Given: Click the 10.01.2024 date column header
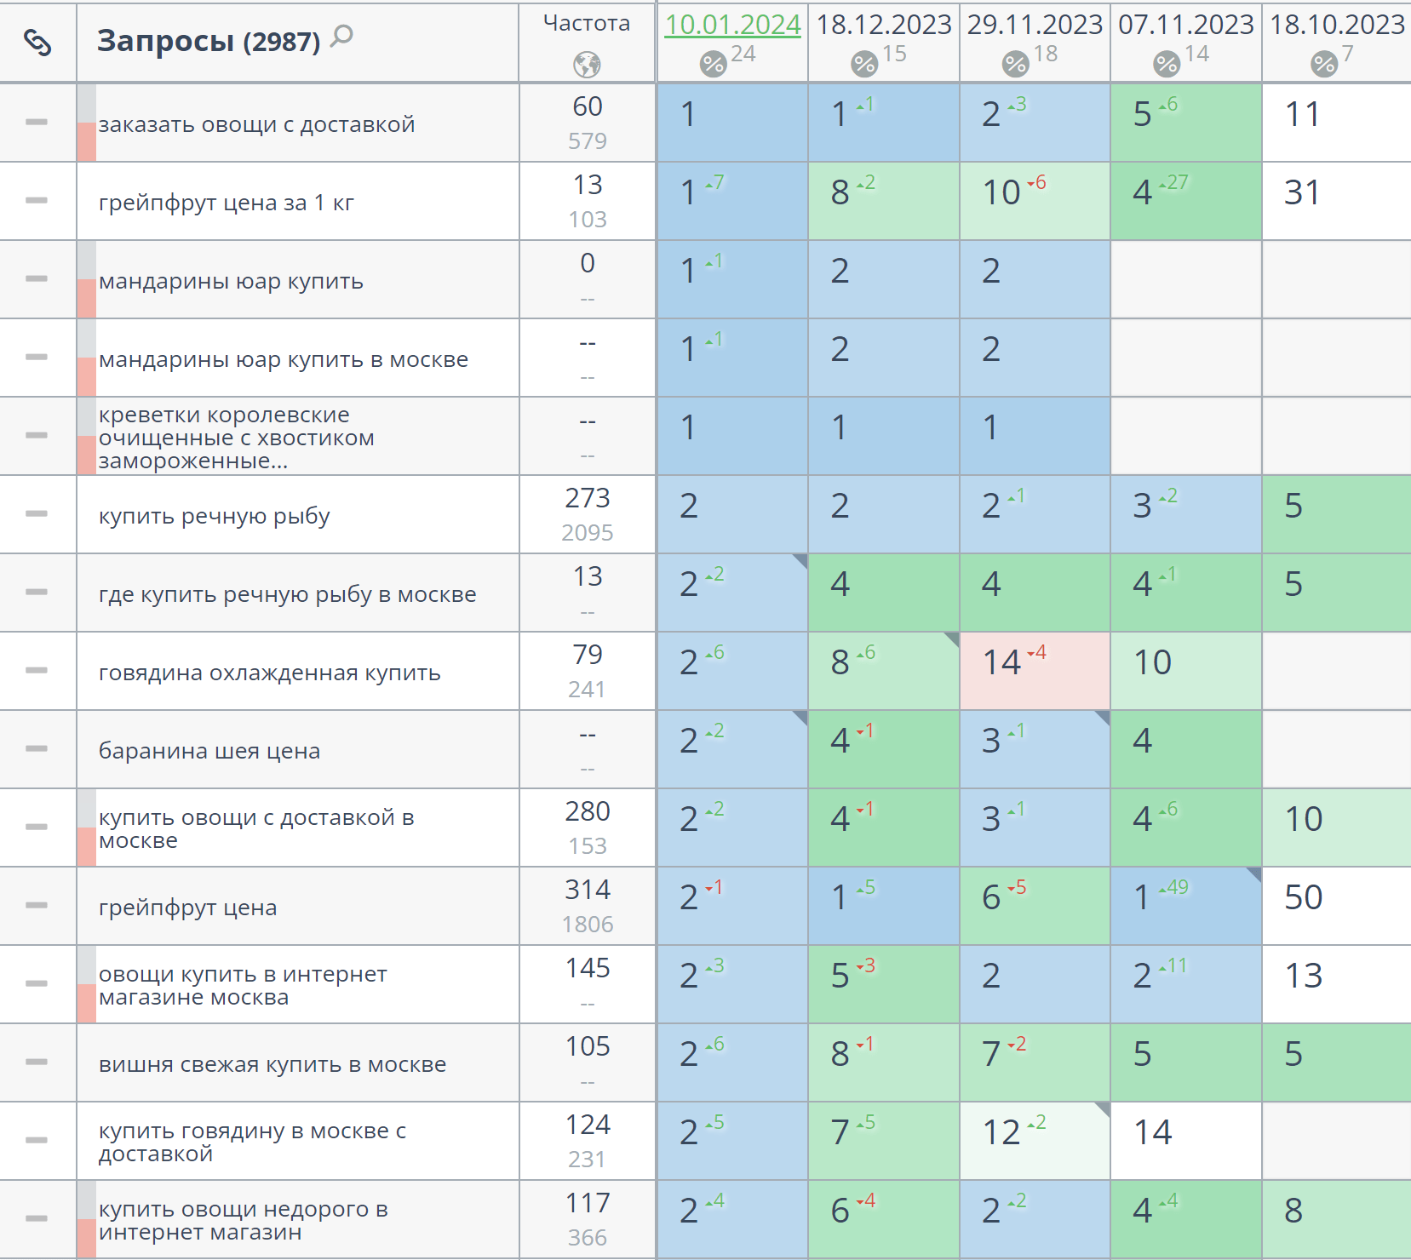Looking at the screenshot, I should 732,25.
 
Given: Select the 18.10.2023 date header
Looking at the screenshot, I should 1337,25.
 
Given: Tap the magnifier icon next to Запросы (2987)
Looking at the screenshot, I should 341,37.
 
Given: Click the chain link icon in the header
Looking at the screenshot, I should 37,42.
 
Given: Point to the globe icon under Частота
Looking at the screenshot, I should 587,65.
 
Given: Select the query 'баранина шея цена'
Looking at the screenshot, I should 209,751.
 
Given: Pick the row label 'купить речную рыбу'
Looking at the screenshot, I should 214,516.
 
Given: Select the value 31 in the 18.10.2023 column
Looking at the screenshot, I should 1302,192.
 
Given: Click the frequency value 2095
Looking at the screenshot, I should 587,533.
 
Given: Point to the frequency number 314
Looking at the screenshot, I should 587,890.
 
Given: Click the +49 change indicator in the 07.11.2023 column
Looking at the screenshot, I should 1175,887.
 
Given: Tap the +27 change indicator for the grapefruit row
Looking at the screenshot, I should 1175,182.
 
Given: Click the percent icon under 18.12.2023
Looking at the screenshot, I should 863,63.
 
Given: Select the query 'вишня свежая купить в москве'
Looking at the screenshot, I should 272,1064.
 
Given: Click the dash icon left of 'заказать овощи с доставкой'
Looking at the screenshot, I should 37,123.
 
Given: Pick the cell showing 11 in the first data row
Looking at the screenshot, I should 1302,114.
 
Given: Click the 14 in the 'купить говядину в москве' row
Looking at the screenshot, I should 1153,1132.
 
